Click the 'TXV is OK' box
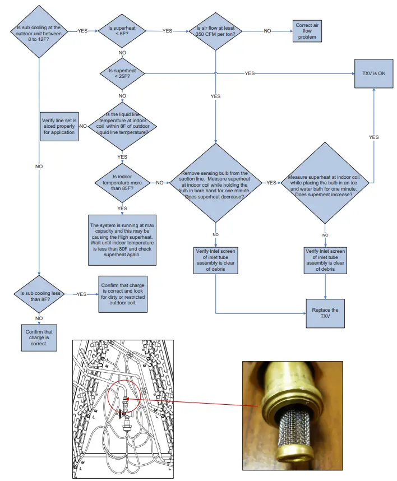(374, 73)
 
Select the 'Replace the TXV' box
(326, 313)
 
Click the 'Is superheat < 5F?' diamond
(122, 31)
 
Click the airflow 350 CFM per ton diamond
(216, 31)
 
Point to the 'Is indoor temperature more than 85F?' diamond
(122, 183)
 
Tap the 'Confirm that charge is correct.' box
(39, 339)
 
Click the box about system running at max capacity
(122, 240)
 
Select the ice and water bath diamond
(326, 183)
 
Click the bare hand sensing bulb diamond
(216, 183)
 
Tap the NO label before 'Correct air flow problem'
(268, 31)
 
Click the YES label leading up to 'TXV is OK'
(373, 137)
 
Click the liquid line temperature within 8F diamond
(122, 126)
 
